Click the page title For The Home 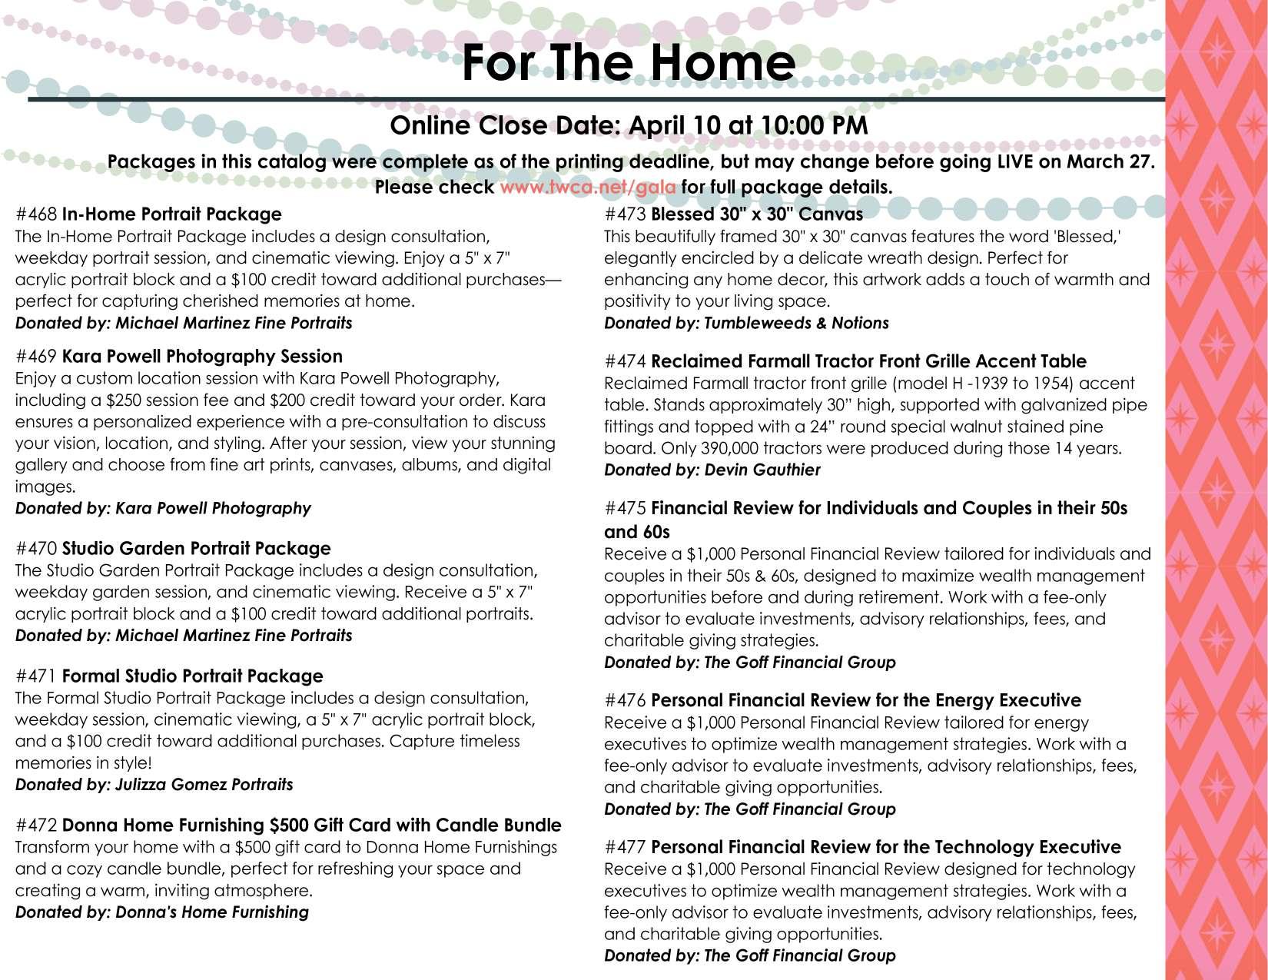click(x=628, y=62)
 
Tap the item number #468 click(x=36, y=214)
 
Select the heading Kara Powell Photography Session click(x=201, y=357)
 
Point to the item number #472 click(x=36, y=826)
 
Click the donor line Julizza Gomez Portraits click(x=154, y=785)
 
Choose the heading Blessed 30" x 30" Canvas click(x=756, y=214)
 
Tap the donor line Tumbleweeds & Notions click(x=746, y=323)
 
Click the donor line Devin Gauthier click(x=712, y=470)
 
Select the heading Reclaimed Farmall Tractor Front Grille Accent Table click(x=868, y=361)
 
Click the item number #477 click(x=626, y=847)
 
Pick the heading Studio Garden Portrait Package click(x=196, y=549)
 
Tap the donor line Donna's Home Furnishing click(x=162, y=912)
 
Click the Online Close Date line click(x=629, y=125)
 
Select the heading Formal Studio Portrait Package click(x=192, y=676)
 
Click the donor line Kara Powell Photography click(x=163, y=508)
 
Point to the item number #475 click(x=626, y=509)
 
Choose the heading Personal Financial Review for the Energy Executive click(x=865, y=701)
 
